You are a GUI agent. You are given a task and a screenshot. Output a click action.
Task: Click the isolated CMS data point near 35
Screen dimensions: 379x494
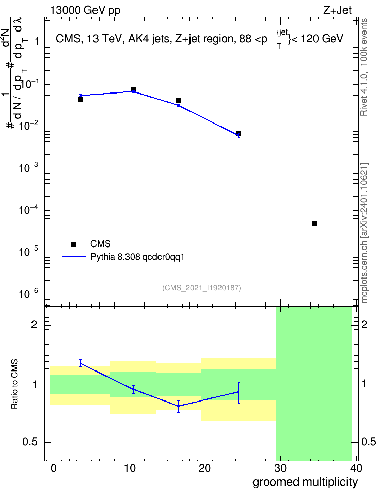point(314,223)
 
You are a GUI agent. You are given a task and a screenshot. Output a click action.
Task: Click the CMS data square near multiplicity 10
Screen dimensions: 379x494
point(133,90)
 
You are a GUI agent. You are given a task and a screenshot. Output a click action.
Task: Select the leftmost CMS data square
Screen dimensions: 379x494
point(80,100)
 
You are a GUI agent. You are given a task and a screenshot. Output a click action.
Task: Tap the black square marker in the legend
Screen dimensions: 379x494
point(74,244)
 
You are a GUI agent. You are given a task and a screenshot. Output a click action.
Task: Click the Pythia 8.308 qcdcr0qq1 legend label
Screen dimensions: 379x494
point(137,257)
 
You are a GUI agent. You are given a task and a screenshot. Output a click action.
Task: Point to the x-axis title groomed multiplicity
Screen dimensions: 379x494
point(305,482)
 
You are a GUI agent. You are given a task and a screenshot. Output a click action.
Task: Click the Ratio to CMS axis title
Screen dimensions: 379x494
point(14,384)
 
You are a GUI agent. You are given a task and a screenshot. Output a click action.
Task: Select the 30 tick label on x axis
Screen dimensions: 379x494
point(280,468)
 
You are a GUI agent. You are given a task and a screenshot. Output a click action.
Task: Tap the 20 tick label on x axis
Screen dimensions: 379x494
point(204,468)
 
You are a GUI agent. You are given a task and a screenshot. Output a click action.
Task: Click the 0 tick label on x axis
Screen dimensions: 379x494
point(54,468)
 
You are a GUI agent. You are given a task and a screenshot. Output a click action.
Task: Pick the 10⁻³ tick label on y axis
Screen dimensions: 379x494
point(28,167)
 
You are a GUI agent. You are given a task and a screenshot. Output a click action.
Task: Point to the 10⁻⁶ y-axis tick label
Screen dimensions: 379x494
point(28,294)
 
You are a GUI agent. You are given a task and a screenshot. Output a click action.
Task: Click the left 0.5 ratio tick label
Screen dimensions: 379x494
point(30,442)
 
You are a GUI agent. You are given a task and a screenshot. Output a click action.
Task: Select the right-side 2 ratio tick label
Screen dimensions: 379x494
point(364,324)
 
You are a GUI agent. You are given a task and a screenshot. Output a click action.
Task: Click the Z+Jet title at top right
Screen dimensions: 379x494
point(337,10)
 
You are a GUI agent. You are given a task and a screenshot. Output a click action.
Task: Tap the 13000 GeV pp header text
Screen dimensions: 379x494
point(85,10)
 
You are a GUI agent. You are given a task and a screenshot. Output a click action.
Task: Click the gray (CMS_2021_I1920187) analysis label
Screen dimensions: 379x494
point(202,288)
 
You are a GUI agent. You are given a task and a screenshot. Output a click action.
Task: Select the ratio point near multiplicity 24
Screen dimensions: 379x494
point(239,392)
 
